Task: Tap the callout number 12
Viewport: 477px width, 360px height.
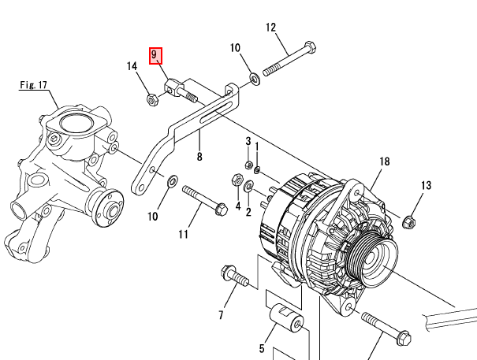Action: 270,28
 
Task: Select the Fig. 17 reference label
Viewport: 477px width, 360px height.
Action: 33,85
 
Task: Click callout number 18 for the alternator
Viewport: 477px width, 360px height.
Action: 385,161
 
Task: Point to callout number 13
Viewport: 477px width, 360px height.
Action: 427,185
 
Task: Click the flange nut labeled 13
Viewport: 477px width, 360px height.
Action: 409,222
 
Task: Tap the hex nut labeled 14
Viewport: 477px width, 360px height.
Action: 152,99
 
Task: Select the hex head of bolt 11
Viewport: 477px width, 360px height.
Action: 222,209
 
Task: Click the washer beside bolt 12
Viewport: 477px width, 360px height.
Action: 255,79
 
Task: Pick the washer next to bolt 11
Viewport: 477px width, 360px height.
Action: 173,181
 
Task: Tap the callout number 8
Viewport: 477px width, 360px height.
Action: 199,157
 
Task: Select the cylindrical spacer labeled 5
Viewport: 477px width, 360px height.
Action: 286,317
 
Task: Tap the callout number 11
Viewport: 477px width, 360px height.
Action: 183,234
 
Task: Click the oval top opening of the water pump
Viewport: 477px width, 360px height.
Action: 76,123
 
